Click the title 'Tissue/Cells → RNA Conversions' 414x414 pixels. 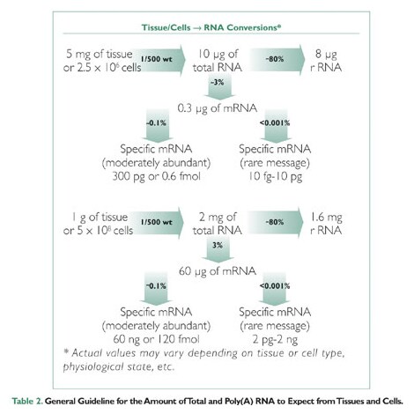[x=211, y=27]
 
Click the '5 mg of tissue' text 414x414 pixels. [x=100, y=54]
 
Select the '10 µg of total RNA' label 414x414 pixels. [x=218, y=61]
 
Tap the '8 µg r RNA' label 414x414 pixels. [x=326, y=61]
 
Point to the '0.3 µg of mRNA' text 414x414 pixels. [x=218, y=108]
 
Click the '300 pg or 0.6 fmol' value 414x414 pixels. [x=157, y=176]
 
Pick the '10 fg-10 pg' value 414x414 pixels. [x=275, y=176]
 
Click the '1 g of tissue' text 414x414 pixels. [x=100, y=218]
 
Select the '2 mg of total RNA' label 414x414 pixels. [x=218, y=224]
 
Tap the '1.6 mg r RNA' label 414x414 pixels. [x=326, y=224]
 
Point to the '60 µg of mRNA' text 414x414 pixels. [x=218, y=271]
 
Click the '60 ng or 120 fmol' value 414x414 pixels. [x=156, y=339]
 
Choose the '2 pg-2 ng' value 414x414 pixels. [x=275, y=340]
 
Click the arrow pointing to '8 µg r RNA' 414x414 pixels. [x=277, y=60]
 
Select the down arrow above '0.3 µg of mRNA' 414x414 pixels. [x=219, y=87]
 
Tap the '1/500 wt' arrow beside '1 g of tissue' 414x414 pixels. [x=158, y=223]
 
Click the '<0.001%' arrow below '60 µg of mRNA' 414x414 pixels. [x=274, y=289]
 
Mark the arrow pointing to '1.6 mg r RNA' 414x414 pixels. [x=276, y=222]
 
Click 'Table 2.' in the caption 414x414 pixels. [x=27, y=401]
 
